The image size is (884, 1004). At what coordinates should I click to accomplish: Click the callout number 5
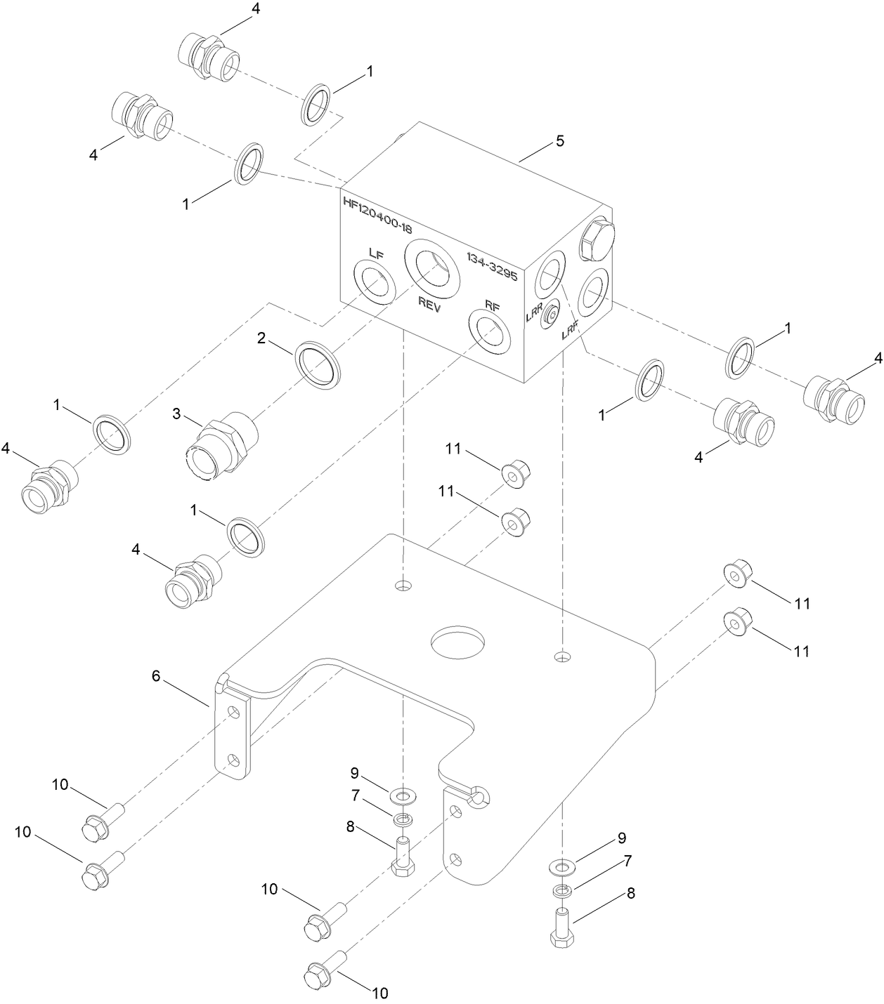pyautogui.click(x=559, y=140)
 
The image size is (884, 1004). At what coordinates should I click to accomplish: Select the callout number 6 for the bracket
pyautogui.click(x=156, y=675)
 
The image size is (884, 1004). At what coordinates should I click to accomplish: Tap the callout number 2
pyautogui.click(x=261, y=338)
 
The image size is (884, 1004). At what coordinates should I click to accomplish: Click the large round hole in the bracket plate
pyautogui.click(x=457, y=642)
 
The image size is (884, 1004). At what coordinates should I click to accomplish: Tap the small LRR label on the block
pyautogui.click(x=534, y=317)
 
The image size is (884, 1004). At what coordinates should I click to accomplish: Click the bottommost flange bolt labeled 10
pyautogui.click(x=325, y=972)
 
